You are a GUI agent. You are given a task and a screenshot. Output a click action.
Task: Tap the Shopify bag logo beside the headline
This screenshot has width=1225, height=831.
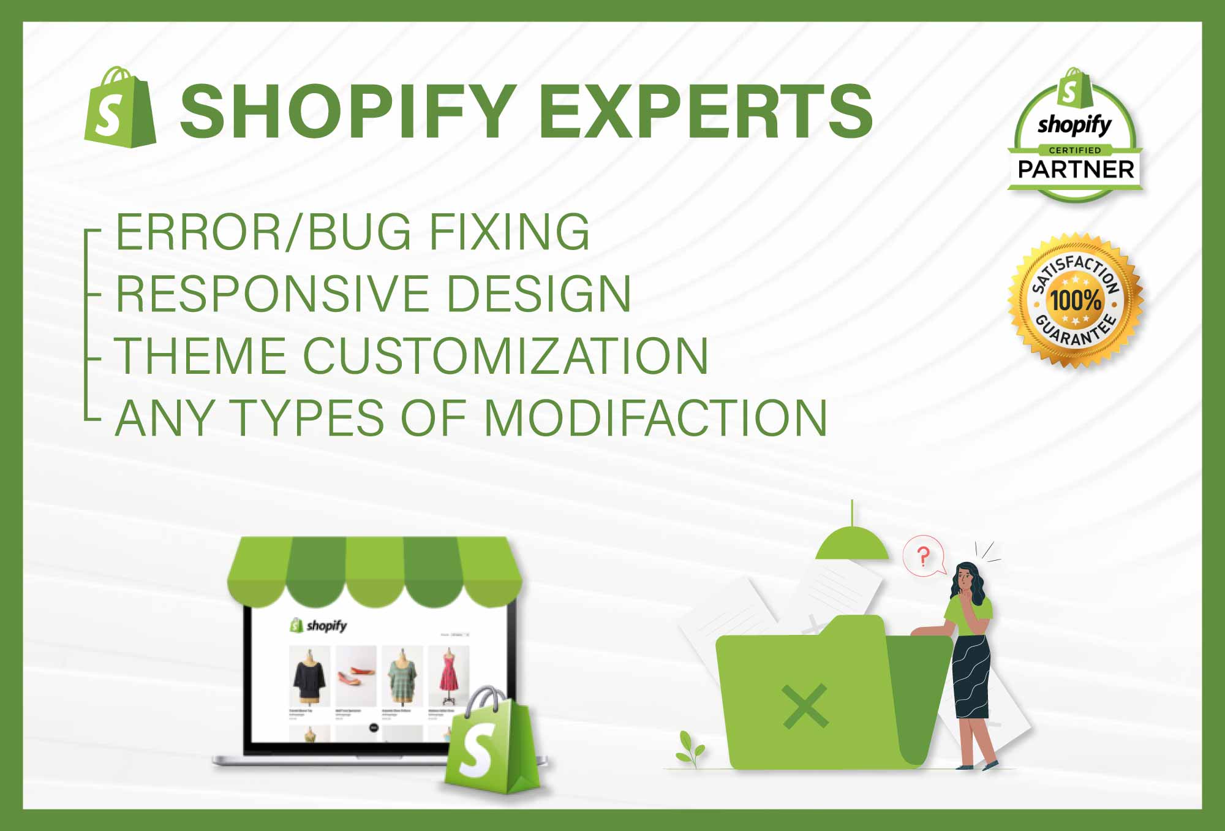point(120,108)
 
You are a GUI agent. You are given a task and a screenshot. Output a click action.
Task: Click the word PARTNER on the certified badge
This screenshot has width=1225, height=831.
point(1076,169)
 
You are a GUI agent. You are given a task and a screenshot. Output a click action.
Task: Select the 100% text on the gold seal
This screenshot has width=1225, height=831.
point(1076,300)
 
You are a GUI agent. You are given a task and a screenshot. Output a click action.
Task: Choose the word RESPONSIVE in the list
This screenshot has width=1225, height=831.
point(273,294)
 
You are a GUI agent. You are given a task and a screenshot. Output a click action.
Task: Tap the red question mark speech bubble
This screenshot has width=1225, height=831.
point(924,556)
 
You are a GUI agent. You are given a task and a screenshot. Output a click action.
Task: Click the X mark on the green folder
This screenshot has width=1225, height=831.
point(805,707)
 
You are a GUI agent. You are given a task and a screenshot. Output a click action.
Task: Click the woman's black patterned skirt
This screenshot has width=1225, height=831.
point(971,677)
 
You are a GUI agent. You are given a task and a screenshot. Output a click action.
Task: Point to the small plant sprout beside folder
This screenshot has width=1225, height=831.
point(691,748)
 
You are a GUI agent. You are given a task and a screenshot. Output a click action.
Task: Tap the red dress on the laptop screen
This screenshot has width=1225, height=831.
point(449,674)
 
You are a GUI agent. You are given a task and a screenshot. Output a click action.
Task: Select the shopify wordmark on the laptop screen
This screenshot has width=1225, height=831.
point(326,626)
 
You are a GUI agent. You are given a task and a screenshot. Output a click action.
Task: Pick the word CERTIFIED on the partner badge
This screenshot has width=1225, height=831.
point(1075,150)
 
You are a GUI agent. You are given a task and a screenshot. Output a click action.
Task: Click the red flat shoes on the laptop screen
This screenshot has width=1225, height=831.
point(355,675)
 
